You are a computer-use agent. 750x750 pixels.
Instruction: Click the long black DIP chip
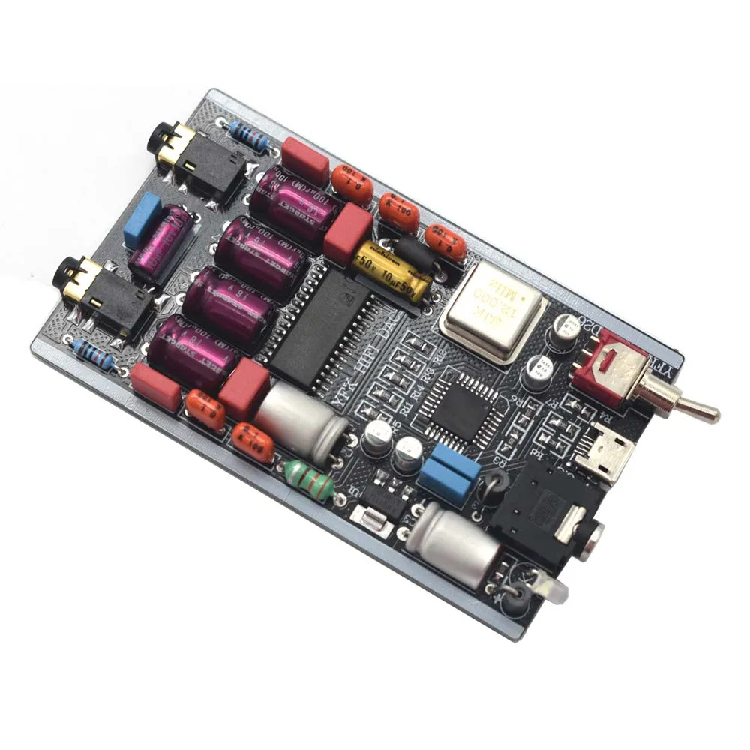pyautogui.click(x=322, y=330)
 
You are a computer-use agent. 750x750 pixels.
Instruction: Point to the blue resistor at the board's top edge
pyautogui.click(x=250, y=137)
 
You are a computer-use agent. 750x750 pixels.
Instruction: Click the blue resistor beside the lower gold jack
pyautogui.click(x=93, y=356)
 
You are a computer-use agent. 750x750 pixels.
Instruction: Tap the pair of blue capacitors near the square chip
pyautogui.click(x=448, y=472)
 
